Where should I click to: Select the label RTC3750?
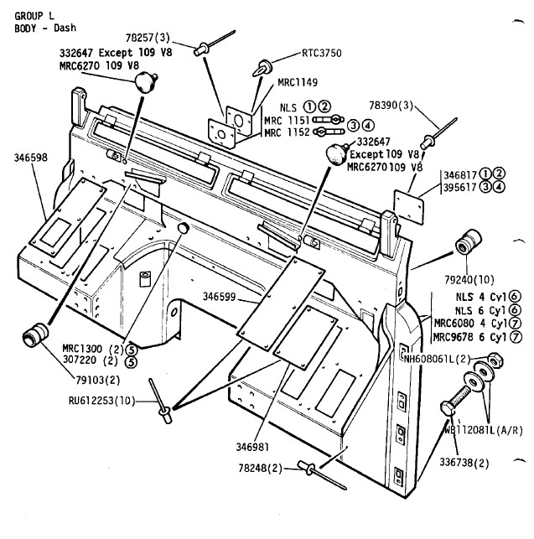(322, 52)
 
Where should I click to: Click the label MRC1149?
(298, 82)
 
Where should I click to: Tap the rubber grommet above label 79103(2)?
(34, 334)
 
